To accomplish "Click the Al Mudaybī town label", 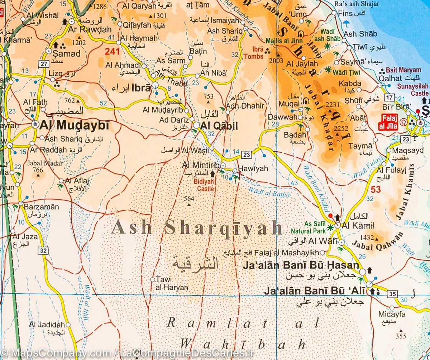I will pos(74,125).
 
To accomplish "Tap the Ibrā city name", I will pos(142,88).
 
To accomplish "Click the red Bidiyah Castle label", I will pos(204,185).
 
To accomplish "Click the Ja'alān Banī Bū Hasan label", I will pos(301,265).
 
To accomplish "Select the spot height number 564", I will pos(188,199).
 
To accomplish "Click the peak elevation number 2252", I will pos(341,128).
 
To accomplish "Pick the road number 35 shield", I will pos(392,294).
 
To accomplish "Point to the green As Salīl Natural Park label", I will pos(308,227).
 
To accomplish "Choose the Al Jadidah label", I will pos(47,325).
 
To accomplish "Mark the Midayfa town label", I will pos(392,314).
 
